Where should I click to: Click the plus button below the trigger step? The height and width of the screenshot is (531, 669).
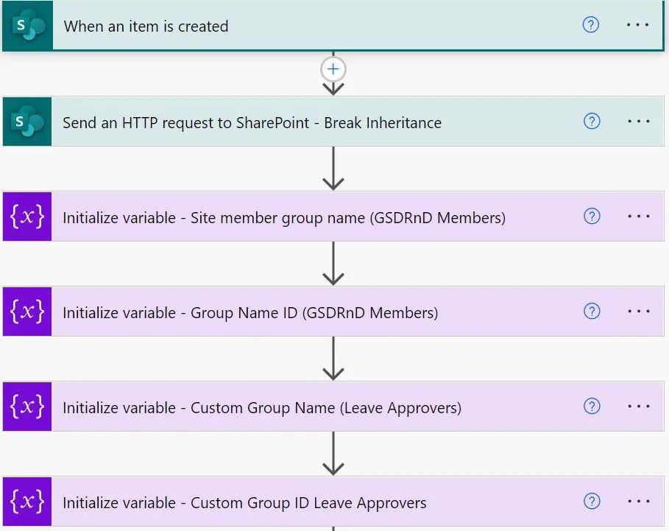333,69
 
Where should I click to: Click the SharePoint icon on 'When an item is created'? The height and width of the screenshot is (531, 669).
27,27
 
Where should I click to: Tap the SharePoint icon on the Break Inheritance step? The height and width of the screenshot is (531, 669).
27,122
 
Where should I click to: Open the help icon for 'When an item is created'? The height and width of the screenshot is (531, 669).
591,25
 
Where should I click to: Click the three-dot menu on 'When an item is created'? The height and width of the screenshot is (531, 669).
638,25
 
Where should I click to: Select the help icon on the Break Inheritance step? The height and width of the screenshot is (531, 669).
591,121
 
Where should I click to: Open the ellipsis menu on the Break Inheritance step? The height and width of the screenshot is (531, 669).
638,121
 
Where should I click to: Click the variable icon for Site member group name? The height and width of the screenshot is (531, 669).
27,217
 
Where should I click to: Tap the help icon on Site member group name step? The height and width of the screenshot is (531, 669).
591,216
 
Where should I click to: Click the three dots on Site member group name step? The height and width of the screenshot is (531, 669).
638,216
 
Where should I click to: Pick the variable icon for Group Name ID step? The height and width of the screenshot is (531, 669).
27,312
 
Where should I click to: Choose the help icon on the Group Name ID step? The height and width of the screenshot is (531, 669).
591,311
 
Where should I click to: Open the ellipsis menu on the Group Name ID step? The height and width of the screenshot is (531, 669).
638,311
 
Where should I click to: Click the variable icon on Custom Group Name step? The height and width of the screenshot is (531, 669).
27,407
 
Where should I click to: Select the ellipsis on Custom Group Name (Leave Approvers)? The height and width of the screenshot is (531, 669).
638,406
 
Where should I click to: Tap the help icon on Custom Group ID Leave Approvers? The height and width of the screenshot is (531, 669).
591,501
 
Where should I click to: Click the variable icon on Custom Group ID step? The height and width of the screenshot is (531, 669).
27,502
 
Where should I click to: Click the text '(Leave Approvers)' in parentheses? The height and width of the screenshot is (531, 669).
401,408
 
